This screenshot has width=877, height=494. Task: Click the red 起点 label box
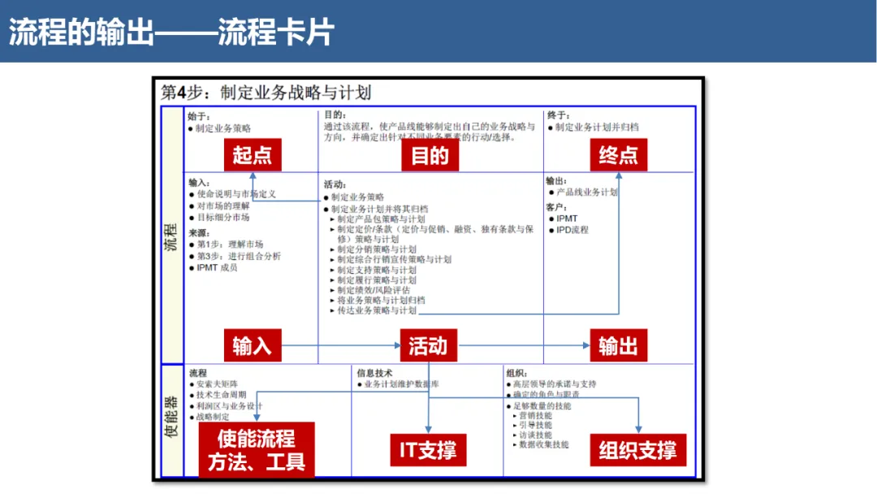[x=253, y=154]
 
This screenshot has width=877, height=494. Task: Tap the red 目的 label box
[x=430, y=154]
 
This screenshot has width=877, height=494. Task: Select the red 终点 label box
[x=618, y=154]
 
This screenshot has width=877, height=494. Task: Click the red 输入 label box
[x=253, y=345]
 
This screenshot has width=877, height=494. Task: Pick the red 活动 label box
[x=428, y=345]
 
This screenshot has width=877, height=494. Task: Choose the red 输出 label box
[x=618, y=345]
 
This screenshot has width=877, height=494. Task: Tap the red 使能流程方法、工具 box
[x=257, y=450]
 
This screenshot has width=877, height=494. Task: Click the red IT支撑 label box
[x=428, y=449]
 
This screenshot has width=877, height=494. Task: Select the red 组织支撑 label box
[x=637, y=449]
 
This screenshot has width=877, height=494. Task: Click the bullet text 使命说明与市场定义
[x=236, y=194]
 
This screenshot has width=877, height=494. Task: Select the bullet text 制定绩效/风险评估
[x=374, y=289]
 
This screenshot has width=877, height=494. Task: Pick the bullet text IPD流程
[x=572, y=230]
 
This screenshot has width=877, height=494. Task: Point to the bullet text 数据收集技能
[x=543, y=444]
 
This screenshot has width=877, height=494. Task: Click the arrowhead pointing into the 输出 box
[x=586, y=346]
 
